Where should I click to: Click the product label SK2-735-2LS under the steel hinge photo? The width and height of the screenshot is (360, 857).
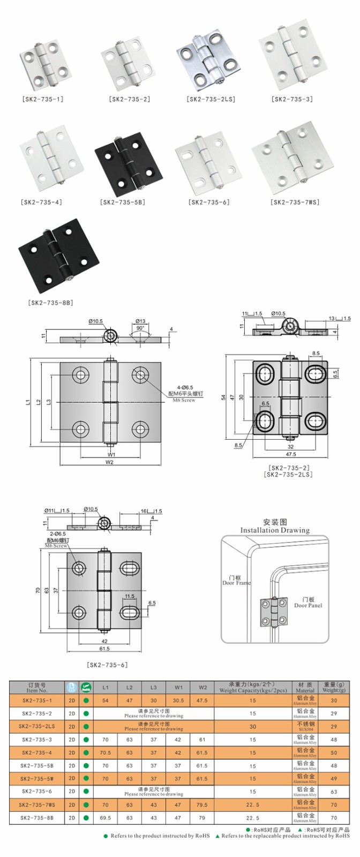[x=211, y=99]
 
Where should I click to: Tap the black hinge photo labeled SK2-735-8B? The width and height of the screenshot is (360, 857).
[x=59, y=252]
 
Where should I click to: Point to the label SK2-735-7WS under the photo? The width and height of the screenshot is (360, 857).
[x=295, y=202]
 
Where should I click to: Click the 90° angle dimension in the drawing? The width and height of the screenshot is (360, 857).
[x=140, y=328]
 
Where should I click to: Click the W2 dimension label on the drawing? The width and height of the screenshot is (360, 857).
[x=109, y=462]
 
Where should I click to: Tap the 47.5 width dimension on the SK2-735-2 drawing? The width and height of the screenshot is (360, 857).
[x=290, y=454]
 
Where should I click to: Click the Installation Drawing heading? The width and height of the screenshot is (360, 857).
[x=275, y=530]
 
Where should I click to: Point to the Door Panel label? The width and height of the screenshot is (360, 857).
[x=308, y=603]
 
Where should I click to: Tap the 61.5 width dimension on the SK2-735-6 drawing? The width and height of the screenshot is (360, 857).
[x=104, y=649]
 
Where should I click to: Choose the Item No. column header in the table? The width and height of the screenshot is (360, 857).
[x=36, y=688]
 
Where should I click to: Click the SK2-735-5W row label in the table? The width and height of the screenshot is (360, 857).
[x=36, y=778]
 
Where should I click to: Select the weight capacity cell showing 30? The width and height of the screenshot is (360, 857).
[x=252, y=727]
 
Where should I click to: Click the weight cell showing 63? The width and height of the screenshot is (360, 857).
[x=334, y=791]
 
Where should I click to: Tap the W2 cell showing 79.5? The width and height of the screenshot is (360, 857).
[x=202, y=805]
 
